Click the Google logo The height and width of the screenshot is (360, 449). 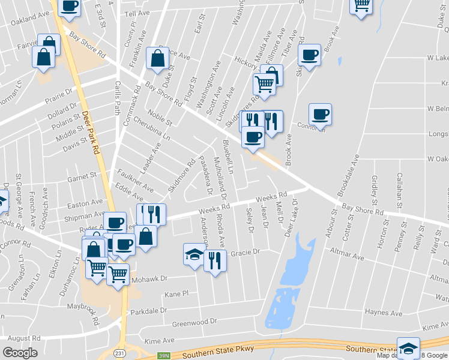(x=20, y=353)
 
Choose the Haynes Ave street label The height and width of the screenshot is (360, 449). (x=384, y=313)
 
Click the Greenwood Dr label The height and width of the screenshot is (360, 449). (x=194, y=323)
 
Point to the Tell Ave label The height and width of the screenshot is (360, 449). (x=136, y=13)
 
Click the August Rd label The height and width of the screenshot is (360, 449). (x=24, y=338)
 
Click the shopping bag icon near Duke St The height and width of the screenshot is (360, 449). (x=157, y=58)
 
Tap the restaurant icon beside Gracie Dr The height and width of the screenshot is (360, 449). (x=214, y=260)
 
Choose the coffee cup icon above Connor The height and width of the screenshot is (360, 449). (x=320, y=113)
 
